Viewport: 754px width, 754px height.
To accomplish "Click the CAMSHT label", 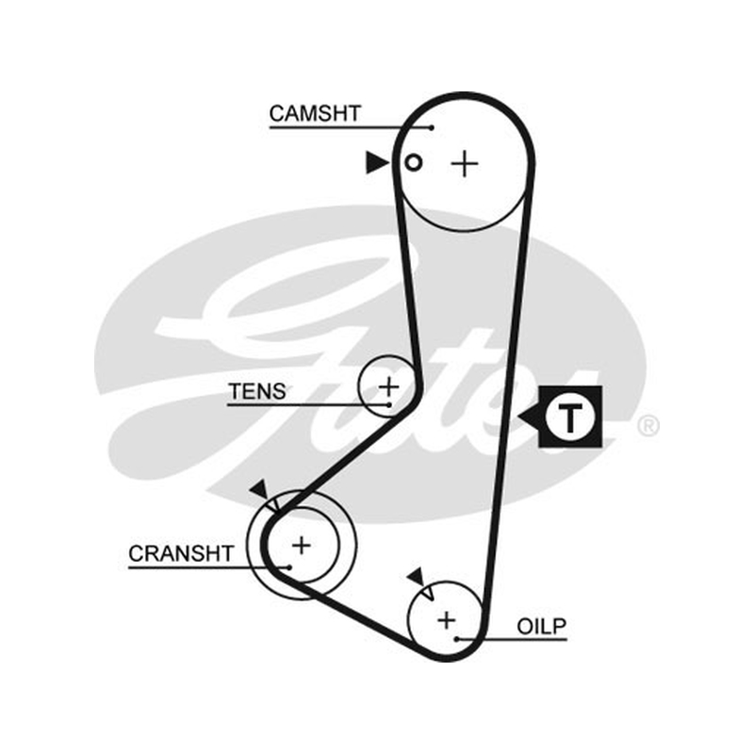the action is (x=315, y=113).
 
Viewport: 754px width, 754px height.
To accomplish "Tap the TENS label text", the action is (x=257, y=391).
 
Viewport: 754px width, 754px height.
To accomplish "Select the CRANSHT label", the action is (x=181, y=553).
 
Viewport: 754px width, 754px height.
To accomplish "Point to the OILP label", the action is (x=542, y=626).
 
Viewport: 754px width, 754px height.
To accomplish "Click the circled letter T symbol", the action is (x=570, y=417).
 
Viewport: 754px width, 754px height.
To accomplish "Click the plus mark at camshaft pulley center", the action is (x=465, y=164).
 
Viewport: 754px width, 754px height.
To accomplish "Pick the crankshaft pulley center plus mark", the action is (x=302, y=546).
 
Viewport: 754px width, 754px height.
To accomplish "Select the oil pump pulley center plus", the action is (x=447, y=620).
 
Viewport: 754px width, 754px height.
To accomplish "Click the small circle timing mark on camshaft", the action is (x=414, y=162).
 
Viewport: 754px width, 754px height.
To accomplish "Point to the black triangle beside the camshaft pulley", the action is (x=376, y=162).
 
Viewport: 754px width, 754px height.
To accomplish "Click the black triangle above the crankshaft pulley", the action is (x=260, y=489).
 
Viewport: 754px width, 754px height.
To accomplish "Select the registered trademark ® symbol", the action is (x=647, y=426).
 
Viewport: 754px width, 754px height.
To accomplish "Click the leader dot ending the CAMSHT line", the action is (x=432, y=127).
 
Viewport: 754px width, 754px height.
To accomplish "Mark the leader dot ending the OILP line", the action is (x=457, y=640).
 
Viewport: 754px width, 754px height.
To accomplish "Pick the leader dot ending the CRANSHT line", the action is (x=289, y=567).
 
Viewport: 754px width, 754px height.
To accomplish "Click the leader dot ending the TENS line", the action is (x=388, y=405).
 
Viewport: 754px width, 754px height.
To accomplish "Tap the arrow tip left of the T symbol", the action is (x=519, y=417).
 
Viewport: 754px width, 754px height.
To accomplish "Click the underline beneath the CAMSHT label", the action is (x=351, y=127).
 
